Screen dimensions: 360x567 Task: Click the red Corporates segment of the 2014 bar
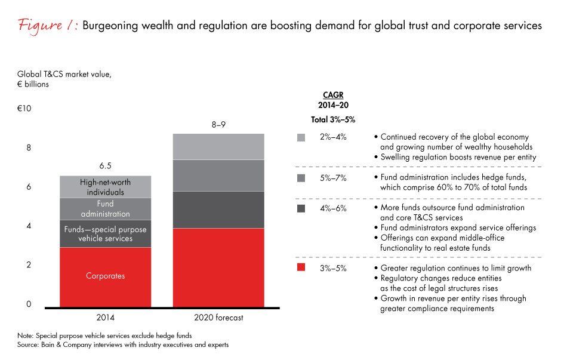[105, 276]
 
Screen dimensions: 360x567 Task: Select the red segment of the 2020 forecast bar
[218, 267]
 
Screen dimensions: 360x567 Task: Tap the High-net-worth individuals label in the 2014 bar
[105, 187]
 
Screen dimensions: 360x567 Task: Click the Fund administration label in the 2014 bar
[105, 209]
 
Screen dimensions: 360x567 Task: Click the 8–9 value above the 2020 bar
[218, 125]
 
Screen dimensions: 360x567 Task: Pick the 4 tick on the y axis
[28, 226]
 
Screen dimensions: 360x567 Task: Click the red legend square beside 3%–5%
[301, 268]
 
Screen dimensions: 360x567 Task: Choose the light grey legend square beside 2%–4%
[301, 137]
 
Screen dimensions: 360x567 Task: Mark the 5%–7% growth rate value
[334, 177]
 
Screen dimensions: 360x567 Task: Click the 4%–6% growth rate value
[334, 208]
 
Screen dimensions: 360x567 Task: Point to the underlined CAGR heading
[333, 95]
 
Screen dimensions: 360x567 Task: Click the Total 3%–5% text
[333, 119]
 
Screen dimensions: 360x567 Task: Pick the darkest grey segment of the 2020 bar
[218, 210]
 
